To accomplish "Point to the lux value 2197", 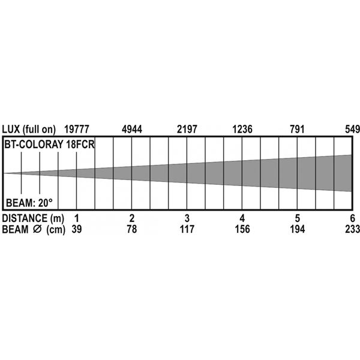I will tap(187, 129).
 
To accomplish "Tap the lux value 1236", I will tap(242, 129).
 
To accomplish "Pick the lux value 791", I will tap(297, 129).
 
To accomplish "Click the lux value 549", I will tap(350, 129).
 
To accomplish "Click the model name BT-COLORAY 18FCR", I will tap(49, 145).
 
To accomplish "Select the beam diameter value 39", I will tap(76, 229).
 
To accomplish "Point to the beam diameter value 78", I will tap(132, 229).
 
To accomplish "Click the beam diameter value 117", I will tap(187, 229).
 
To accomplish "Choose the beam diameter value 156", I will tap(242, 229).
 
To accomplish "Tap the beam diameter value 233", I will tap(350, 229).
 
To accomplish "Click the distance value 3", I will tap(187, 217).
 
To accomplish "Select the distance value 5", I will tap(298, 217).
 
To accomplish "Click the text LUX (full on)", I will tap(29, 129).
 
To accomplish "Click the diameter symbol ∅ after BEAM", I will tap(39, 229).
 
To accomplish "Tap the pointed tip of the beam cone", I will tap(5, 173).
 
